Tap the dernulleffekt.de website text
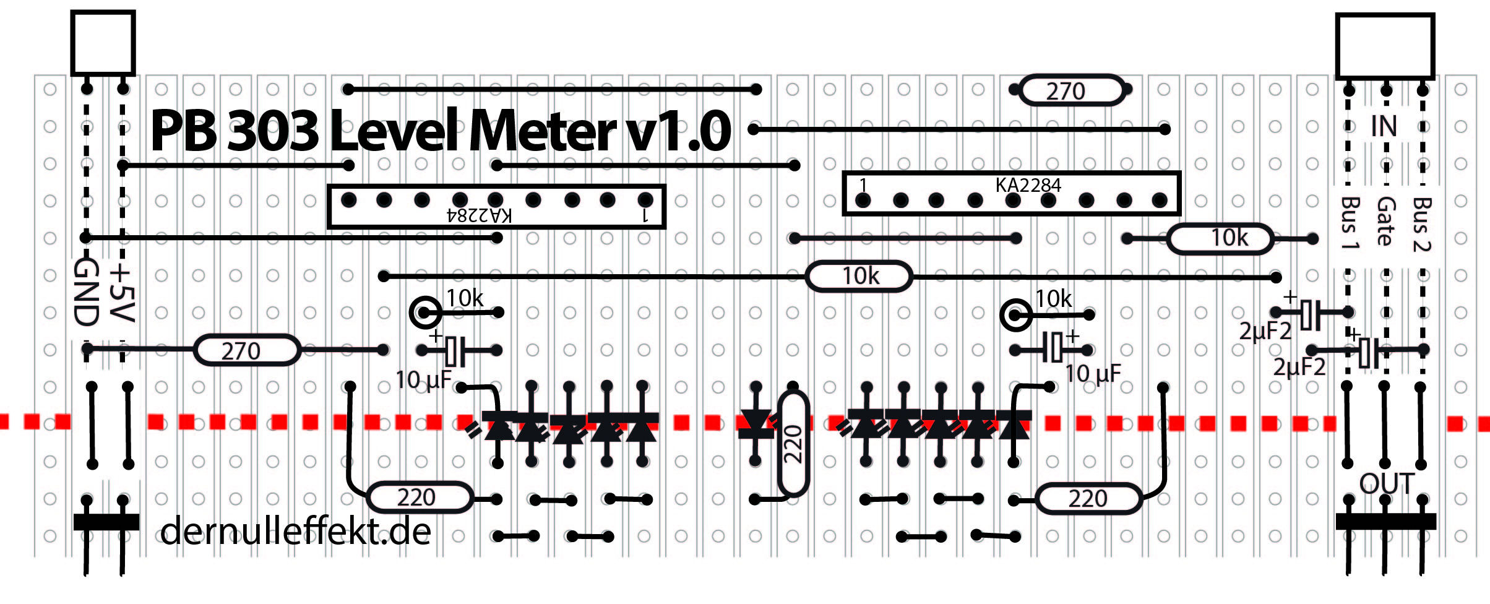coord(295,531)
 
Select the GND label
coord(87,292)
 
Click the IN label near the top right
coord(1384,126)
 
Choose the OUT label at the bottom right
coord(1387,483)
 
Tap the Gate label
coord(1386,221)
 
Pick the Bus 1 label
coord(1350,222)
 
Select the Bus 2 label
coord(1422,223)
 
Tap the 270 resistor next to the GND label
coord(247,351)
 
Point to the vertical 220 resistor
coord(793,443)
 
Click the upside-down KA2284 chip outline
coord(496,207)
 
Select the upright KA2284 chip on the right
coord(1012,193)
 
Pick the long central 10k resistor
coord(859,276)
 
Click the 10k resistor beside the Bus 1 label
coord(1220,238)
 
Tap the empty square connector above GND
coord(103,43)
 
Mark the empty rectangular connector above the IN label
coord(1385,46)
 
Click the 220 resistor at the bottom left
coord(420,498)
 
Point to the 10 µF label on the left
coord(423,379)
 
